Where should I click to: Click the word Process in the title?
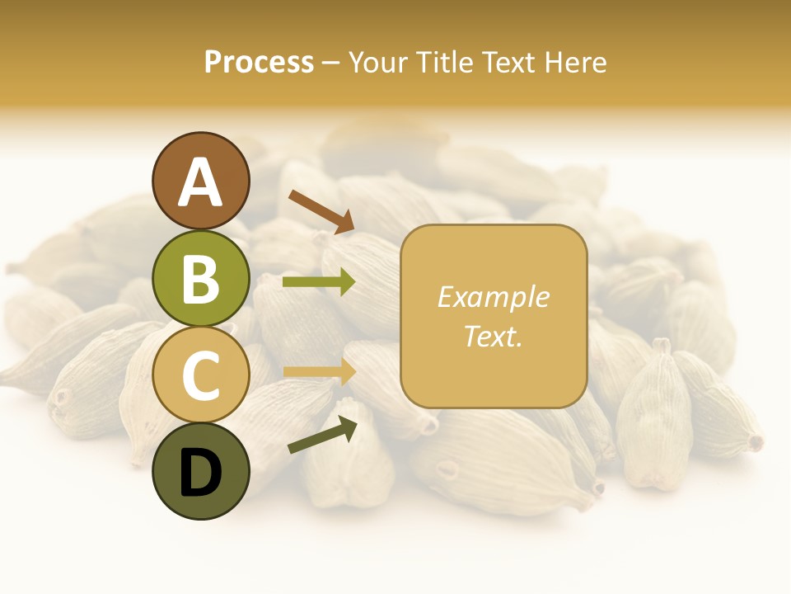coord(259,62)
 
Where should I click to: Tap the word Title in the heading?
coord(444,62)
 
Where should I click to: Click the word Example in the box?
coord(494,297)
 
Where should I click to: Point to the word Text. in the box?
coord(494,336)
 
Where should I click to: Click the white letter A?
coord(201,182)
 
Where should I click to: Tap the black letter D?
coord(201,474)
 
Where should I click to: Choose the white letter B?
coord(201,279)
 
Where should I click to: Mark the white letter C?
coord(201,375)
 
